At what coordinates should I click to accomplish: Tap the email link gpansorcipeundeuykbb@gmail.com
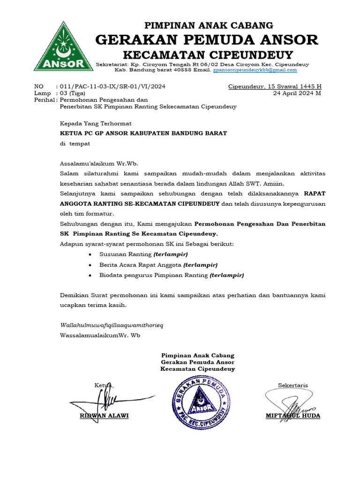point(255,70)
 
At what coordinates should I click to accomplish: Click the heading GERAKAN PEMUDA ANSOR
point(207,40)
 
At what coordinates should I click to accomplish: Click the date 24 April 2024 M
point(297,93)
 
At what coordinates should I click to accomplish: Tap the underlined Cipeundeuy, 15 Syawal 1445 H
point(275,87)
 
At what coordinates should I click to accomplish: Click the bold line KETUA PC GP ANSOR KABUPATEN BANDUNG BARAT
point(143,133)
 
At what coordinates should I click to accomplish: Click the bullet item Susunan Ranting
point(143,254)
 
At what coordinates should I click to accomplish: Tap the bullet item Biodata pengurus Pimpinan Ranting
point(172,275)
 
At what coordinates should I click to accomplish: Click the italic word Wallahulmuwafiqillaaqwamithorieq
point(112,325)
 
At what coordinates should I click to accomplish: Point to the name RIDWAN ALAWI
point(104,416)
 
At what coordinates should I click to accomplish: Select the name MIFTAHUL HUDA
point(293,416)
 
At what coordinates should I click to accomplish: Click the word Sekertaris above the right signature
point(293,385)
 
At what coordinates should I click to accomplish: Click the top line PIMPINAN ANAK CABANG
point(209,25)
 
